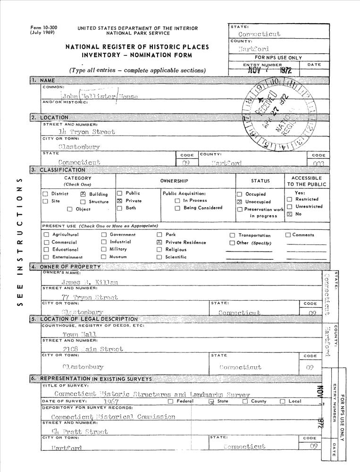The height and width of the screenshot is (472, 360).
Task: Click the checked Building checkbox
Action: point(83,194)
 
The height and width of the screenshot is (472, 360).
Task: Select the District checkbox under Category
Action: point(45,194)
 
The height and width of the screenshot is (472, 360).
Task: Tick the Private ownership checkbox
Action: point(120,201)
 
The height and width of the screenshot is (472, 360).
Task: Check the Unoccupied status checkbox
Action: point(240,202)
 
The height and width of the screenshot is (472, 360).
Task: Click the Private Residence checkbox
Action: point(159,242)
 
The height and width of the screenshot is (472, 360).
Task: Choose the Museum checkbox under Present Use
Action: point(104,257)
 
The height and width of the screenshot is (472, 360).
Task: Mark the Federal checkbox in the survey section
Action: point(170,402)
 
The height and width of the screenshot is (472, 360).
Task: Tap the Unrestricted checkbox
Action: point(290,207)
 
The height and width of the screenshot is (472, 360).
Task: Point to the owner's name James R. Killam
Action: point(90,282)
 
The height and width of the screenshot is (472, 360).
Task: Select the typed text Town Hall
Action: point(80,334)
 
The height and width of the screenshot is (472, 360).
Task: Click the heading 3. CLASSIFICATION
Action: point(62,170)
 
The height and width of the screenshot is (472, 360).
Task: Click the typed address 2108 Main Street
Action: point(93,349)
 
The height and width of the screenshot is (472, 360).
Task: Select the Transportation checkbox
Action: point(233,235)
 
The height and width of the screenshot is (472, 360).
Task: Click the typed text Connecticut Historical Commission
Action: point(113,417)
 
